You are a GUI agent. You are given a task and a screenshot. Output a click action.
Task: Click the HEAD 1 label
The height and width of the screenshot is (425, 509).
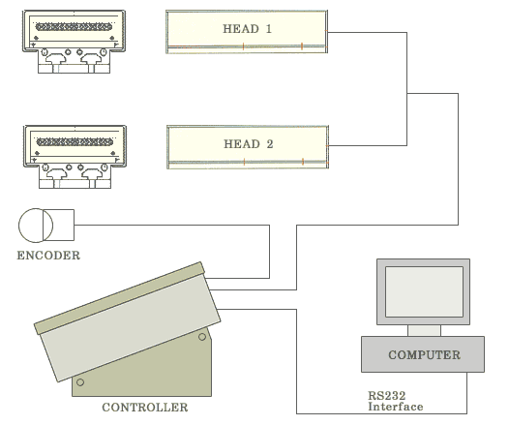247,29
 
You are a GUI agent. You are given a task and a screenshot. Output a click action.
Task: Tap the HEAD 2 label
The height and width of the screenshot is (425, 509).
249,144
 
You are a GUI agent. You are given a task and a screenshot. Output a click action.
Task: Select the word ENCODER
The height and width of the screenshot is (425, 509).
48,256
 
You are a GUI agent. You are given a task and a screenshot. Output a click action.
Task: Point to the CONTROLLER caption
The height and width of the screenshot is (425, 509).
145,408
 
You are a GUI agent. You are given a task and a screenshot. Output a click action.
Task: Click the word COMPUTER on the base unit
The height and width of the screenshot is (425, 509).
424,354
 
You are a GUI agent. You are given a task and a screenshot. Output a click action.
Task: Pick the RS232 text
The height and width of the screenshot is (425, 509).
387,396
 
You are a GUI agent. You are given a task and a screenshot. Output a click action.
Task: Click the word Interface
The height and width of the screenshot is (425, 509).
396,407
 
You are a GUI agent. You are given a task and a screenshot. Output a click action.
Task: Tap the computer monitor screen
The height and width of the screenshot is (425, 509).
424,291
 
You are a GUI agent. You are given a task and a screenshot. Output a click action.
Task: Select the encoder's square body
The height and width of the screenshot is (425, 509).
64,225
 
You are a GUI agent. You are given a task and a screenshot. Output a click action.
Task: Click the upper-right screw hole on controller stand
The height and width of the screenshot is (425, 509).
202,337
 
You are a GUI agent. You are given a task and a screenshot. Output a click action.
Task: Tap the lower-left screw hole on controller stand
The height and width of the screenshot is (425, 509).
80,382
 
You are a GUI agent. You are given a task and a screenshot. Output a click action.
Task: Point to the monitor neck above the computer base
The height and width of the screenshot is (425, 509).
424,330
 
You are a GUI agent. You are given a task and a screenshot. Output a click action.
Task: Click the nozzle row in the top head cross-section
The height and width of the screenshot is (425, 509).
74,27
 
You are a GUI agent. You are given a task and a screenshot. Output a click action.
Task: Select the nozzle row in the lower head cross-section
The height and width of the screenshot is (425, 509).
75,142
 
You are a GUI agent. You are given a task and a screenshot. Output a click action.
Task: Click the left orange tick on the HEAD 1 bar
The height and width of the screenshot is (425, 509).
243,46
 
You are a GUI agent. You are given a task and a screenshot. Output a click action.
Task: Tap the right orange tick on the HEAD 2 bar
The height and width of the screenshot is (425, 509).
303,162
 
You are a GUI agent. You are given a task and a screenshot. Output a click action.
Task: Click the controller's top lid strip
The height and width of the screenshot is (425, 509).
119,298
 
